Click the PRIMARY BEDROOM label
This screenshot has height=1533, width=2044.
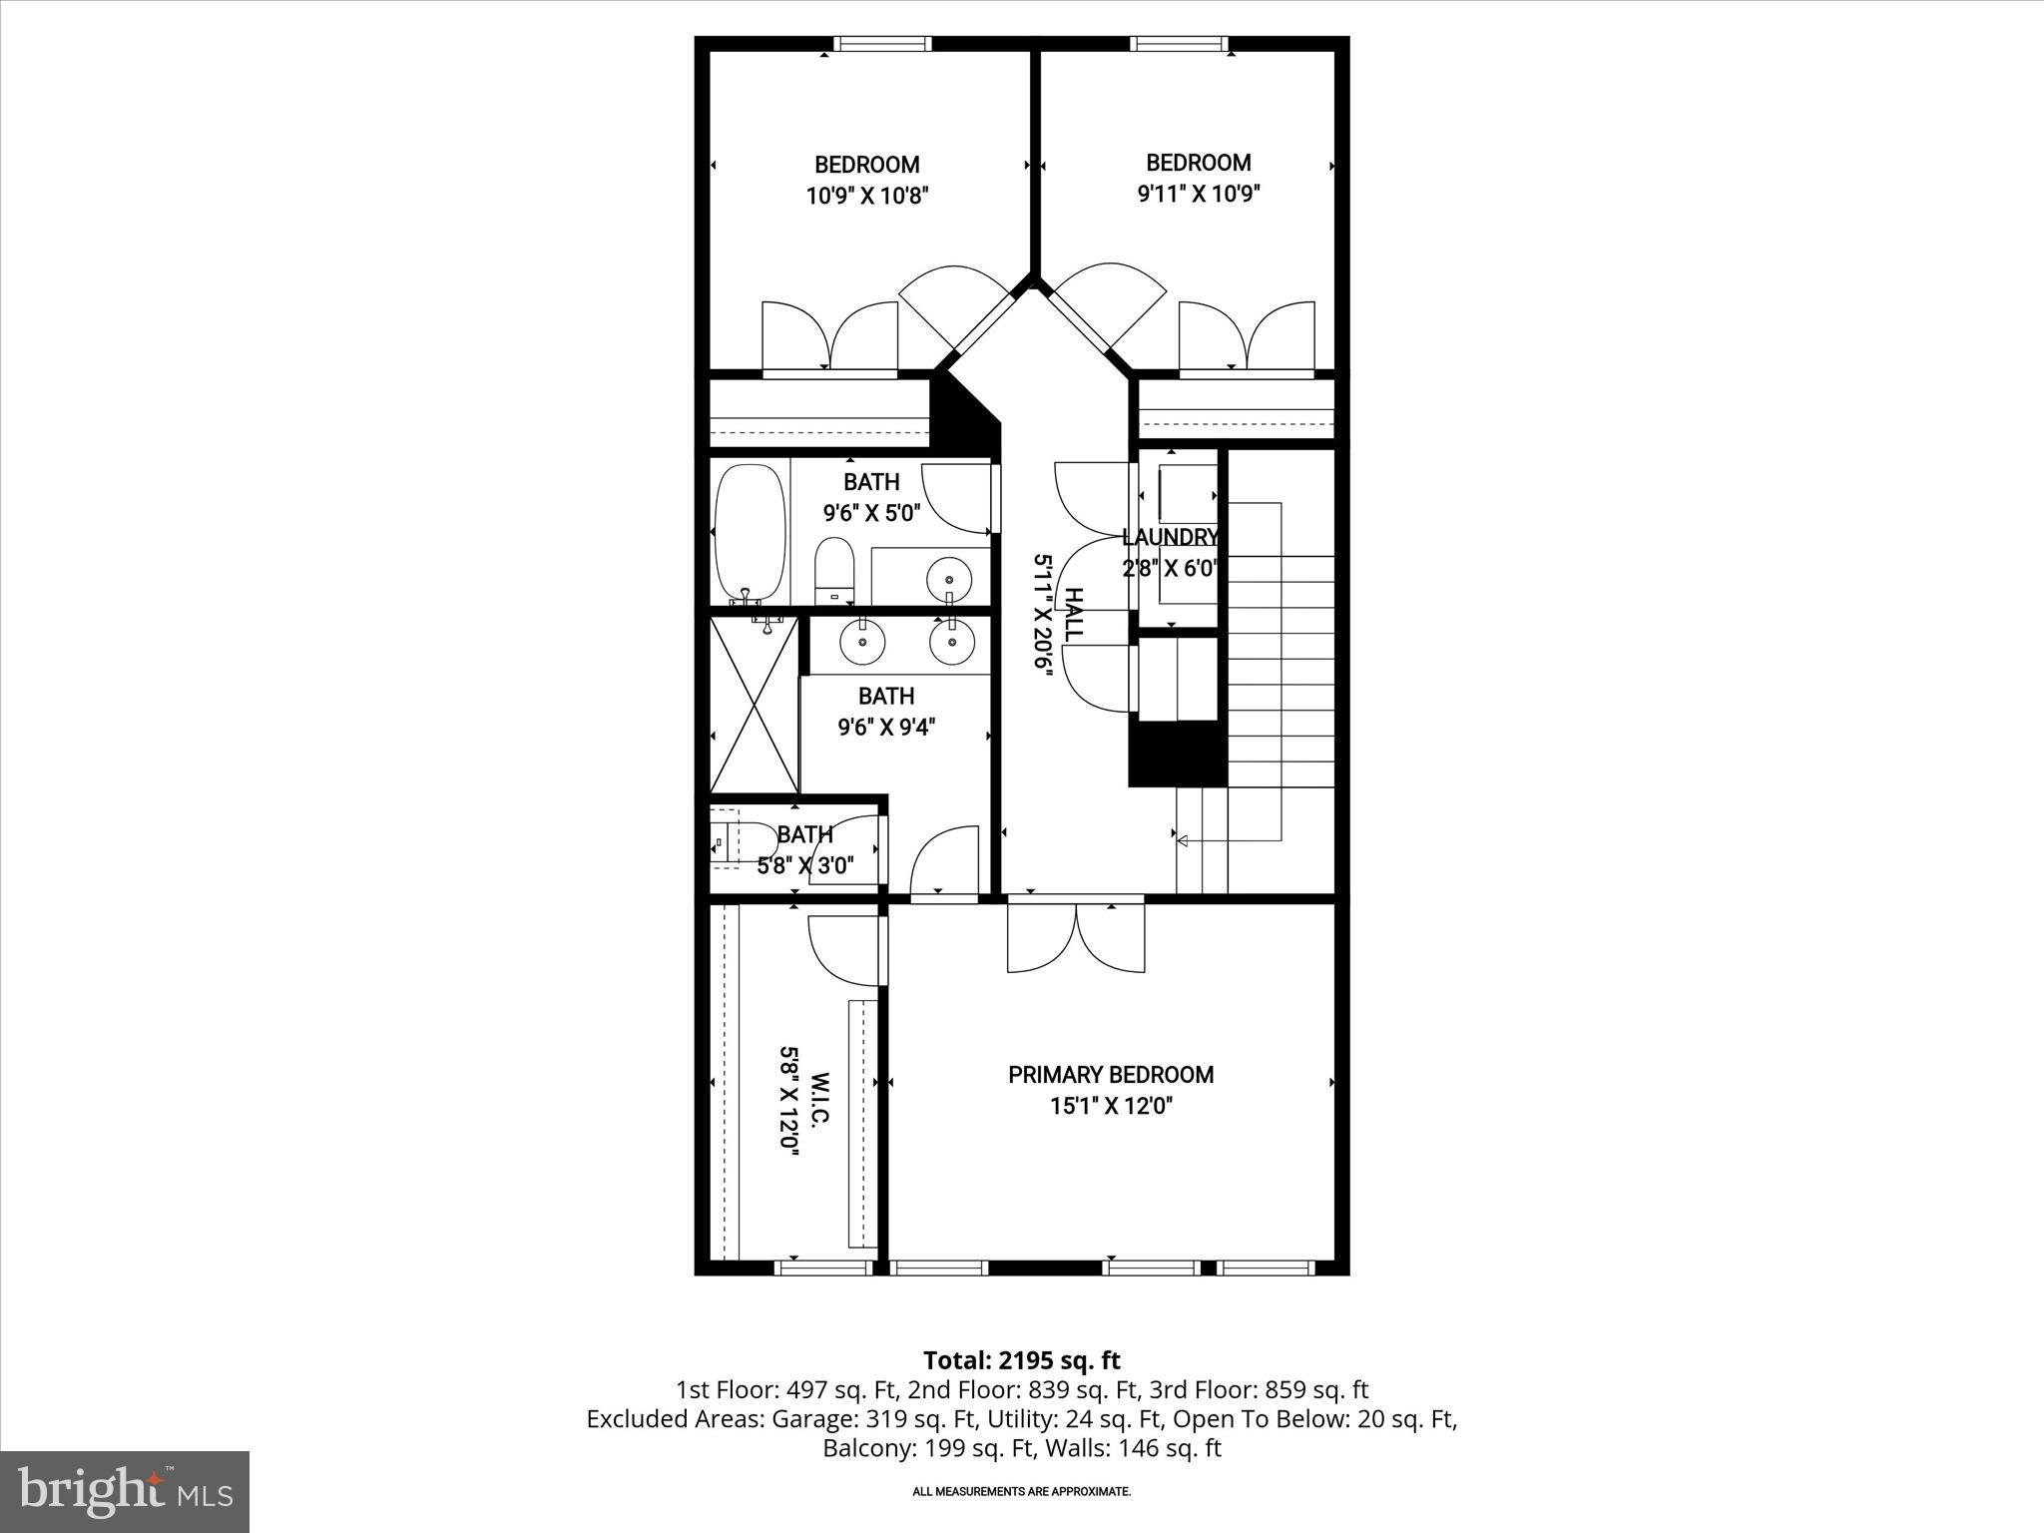tap(1110, 1075)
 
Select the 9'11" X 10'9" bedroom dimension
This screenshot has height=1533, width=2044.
tap(1198, 194)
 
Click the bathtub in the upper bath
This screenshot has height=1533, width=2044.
tap(750, 532)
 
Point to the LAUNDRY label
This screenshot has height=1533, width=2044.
tap(1170, 537)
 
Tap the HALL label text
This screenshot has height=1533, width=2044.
tap(1073, 615)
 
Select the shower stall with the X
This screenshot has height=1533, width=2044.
tap(755, 705)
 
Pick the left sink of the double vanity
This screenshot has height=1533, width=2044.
tap(861, 642)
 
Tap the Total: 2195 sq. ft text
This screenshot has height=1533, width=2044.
tap(1021, 1360)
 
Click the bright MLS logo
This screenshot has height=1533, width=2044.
tap(125, 1491)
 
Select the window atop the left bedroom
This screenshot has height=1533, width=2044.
tap(882, 44)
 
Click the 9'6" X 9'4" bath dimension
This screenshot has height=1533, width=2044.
tap(885, 727)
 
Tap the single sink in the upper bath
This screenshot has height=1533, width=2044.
tap(948, 578)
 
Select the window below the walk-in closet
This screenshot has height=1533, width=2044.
tap(823, 1269)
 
